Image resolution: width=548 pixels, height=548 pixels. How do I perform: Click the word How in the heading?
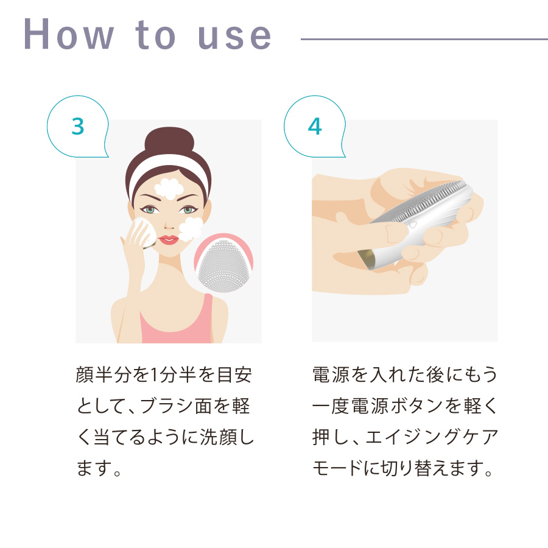click(69, 34)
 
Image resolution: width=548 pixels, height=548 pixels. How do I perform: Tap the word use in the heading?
click(234, 37)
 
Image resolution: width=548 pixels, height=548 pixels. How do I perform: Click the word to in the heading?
click(155, 35)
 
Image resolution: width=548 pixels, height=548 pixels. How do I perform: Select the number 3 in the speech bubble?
click(78, 126)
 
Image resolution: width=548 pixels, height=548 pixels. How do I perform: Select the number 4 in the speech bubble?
click(315, 126)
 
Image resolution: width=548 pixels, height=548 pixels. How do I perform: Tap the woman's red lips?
click(169, 240)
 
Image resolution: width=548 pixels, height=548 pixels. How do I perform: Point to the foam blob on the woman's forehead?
click(169, 188)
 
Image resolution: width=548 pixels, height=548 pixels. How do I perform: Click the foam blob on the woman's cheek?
click(191, 228)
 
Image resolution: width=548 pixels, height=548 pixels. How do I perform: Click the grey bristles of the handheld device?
click(420, 202)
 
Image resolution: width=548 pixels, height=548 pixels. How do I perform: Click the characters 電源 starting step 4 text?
click(331, 374)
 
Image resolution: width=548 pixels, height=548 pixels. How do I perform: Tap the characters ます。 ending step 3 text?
click(99, 468)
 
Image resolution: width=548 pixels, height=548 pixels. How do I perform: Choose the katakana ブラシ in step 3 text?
click(167, 406)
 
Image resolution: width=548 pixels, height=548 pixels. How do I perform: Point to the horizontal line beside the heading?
click(424, 39)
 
